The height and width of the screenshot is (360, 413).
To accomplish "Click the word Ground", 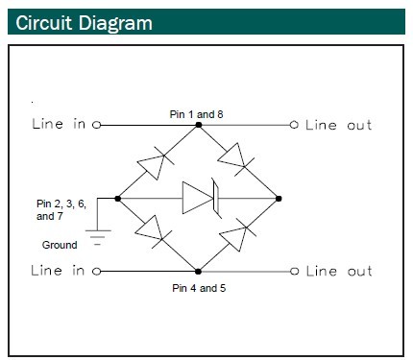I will click(x=60, y=245).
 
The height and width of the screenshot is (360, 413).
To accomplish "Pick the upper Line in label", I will click(x=60, y=125).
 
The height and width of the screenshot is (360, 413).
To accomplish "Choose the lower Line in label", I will click(x=60, y=271).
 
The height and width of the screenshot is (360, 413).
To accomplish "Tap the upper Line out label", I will click(x=338, y=125).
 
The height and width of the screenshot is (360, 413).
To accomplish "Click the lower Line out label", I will click(x=338, y=272).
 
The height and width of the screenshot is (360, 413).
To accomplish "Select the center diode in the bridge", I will click(x=201, y=199).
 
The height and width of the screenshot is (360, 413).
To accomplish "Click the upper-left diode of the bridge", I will click(x=155, y=163).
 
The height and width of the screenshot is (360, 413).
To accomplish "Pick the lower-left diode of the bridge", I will click(x=152, y=228).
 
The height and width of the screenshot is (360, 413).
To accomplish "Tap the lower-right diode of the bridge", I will click(x=235, y=236).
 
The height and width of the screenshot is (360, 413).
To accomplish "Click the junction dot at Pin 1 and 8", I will click(x=198, y=125).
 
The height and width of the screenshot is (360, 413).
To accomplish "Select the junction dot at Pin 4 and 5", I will click(x=198, y=272).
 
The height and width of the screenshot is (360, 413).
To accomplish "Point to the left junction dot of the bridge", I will click(x=117, y=199).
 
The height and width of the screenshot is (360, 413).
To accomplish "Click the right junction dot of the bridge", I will click(x=279, y=199).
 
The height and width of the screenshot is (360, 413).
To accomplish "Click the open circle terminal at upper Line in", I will click(x=97, y=125).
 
